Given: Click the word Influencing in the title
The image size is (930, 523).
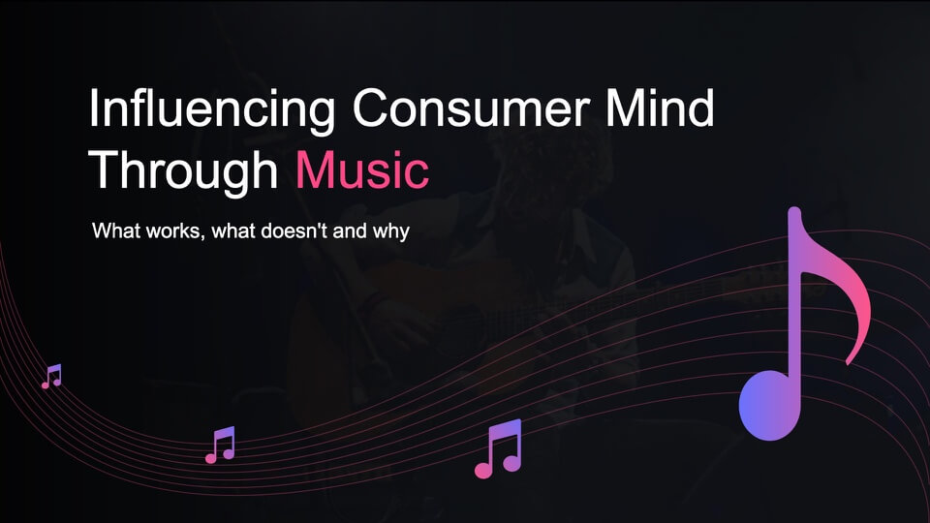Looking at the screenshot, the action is [x=212, y=109].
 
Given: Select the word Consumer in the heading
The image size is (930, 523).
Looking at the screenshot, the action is [x=472, y=108].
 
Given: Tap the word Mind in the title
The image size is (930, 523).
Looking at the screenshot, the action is [x=660, y=108].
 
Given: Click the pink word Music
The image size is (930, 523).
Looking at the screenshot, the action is [x=361, y=169].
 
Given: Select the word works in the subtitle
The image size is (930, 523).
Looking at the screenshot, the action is [x=176, y=231].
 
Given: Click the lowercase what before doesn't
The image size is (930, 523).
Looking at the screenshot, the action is [x=233, y=231].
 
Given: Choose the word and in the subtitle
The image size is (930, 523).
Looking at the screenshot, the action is [x=350, y=231].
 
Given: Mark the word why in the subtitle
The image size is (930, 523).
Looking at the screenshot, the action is [x=390, y=231].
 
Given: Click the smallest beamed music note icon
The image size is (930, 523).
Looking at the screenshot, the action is [x=51, y=377].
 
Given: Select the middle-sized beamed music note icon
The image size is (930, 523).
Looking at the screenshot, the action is [x=220, y=445].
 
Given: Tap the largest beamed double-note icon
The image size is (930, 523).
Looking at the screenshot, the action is [x=498, y=448].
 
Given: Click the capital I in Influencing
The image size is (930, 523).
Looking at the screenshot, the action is [x=94, y=108].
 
